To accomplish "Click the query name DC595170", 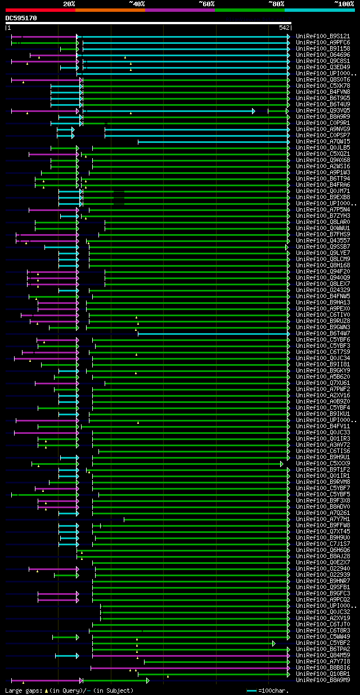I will tap(21, 18).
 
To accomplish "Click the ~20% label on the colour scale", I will tap(69, 3).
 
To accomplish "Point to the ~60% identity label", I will tap(206, 3).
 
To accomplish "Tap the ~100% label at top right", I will tap(344, 3).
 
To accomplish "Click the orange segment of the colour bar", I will tap(110, 10).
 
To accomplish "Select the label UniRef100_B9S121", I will tap(323, 37).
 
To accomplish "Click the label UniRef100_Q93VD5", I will tap(323, 111).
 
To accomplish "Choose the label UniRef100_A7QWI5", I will tap(323, 142).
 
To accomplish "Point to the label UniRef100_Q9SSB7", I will tap(323, 247).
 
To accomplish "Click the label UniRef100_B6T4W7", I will tap(323, 334).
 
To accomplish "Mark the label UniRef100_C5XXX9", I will tap(323, 464).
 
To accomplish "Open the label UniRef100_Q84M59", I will tap(323, 656).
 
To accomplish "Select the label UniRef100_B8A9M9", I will tap(323, 680).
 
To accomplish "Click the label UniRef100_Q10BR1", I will tap(323, 674).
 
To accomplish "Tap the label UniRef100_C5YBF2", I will tap(323, 643).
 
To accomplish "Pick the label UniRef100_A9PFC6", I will tap(323, 43).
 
